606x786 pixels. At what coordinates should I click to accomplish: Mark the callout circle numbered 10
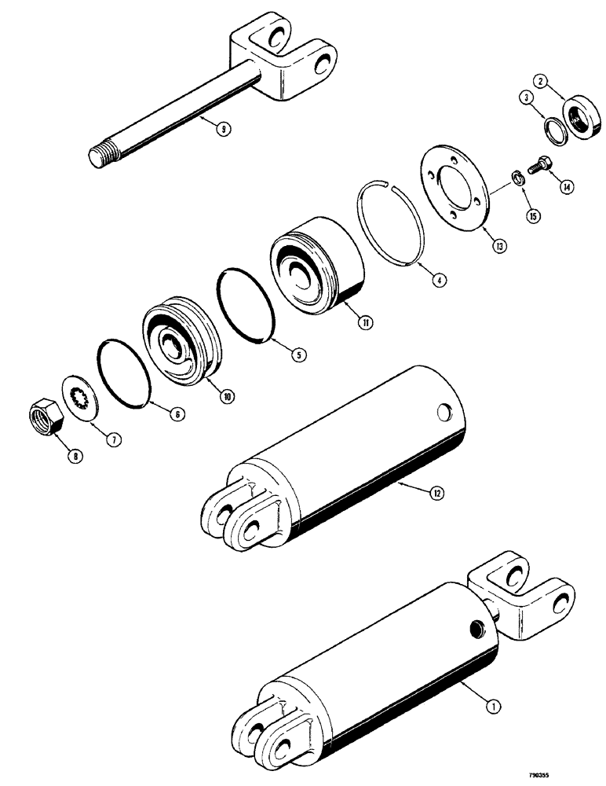228,396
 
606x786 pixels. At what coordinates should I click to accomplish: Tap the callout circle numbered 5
298,354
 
